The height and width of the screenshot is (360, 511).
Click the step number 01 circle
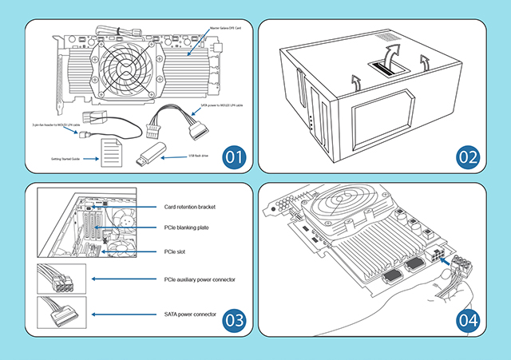click(233, 155)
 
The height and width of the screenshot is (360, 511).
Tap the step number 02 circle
click(470, 155)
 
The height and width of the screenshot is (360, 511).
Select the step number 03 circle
click(233, 320)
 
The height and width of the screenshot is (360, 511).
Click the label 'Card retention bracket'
click(190, 207)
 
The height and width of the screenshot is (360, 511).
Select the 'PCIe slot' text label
click(175, 251)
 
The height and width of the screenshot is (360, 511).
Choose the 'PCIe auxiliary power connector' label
click(200, 279)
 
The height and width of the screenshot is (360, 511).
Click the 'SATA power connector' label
click(190, 314)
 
